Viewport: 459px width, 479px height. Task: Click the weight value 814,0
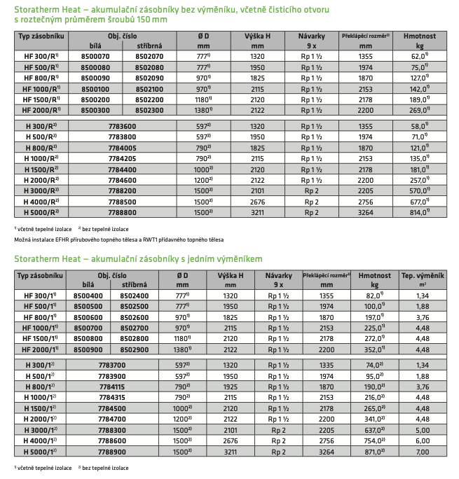[x=416, y=210]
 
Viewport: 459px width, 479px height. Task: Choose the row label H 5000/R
[x=41, y=210]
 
